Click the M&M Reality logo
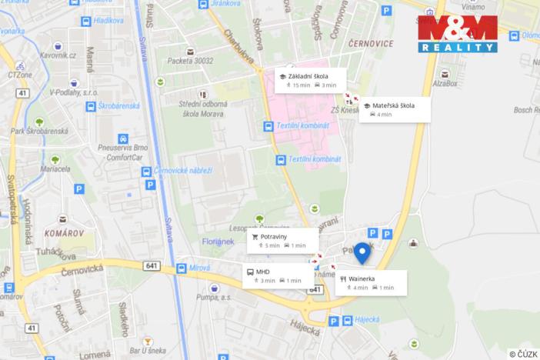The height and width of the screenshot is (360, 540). (x=457, y=34)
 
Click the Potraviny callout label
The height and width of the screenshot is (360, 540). (x=282, y=240)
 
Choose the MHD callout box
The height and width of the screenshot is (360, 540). (x=272, y=275)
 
